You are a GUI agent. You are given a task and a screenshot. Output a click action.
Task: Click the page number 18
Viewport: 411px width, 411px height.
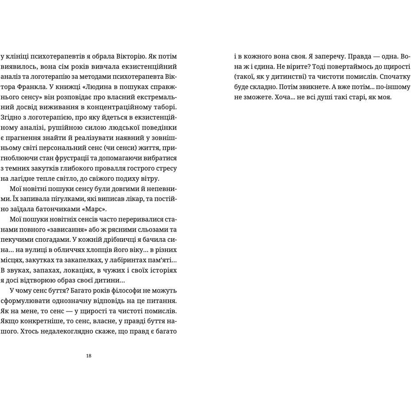click(x=89, y=356)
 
